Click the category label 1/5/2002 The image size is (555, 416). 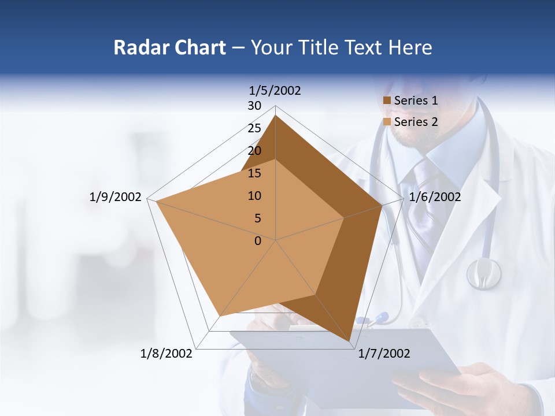click(275, 91)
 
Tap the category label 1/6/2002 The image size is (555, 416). click(435, 197)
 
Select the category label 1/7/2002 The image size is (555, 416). click(384, 354)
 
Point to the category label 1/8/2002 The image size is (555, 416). click(166, 354)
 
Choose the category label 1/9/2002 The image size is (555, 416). click(116, 197)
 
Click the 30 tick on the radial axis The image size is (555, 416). click(254, 106)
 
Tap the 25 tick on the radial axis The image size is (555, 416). click(254, 128)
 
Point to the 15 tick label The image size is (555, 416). click(254, 173)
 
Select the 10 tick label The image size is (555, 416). click(254, 196)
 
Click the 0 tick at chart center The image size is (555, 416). click(258, 241)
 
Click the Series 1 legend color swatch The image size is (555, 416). click(387, 101)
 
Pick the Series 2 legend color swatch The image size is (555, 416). click(387, 122)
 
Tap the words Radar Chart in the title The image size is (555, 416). click(169, 48)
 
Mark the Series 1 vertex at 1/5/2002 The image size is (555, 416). click(276, 116)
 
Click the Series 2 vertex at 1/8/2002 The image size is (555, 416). click(220, 316)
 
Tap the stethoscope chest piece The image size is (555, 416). click(484, 273)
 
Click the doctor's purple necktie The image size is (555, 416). click(425, 202)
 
